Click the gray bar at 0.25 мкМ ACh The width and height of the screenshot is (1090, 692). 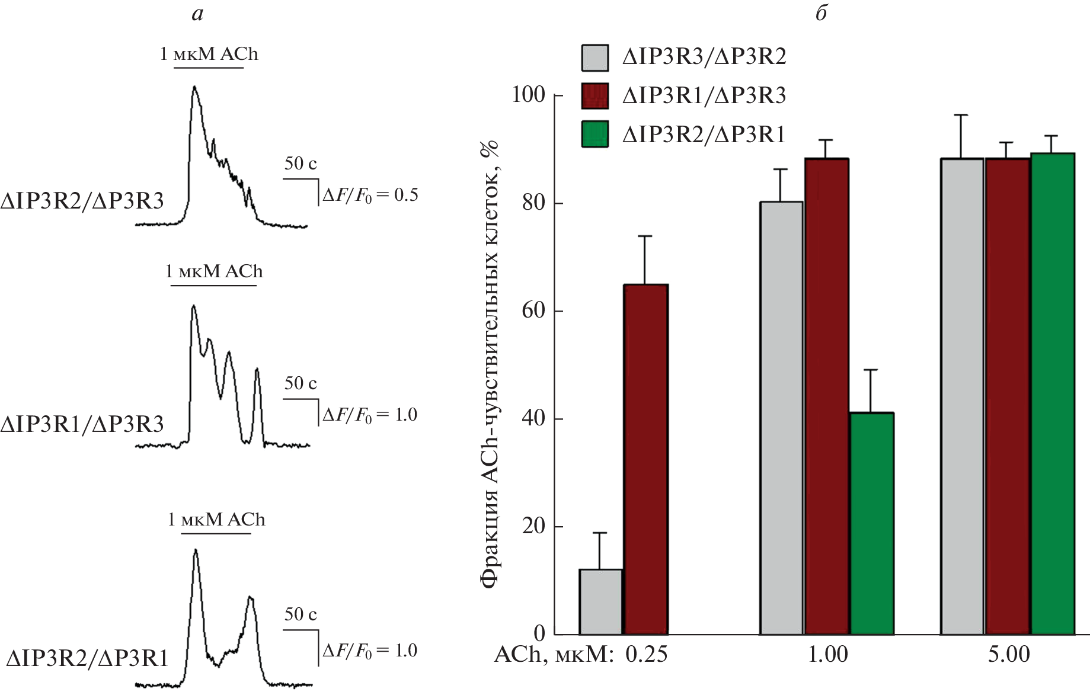point(600,601)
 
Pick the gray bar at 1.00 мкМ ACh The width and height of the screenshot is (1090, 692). point(781,418)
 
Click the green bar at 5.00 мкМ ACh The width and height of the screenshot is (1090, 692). point(1053,394)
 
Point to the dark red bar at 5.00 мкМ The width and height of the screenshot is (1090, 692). point(1007,396)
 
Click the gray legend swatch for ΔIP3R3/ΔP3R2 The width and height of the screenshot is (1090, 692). point(595,57)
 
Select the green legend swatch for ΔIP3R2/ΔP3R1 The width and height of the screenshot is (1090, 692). point(595,134)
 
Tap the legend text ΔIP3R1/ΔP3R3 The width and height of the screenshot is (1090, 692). point(704,95)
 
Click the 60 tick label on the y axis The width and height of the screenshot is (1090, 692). point(533,310)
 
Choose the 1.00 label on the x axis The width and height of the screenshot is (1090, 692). point(827,654)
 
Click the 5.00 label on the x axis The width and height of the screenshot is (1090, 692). point(1009,654)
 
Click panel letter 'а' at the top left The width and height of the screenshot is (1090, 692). point(197,14)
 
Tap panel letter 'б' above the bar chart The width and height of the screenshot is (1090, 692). point(821,12)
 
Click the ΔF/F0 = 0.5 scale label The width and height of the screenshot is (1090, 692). point(370,195)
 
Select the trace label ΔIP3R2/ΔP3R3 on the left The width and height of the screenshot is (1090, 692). point(82,201)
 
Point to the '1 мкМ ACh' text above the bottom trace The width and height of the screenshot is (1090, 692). point(216,520)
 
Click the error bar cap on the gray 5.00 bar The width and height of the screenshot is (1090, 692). point(961,115)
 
